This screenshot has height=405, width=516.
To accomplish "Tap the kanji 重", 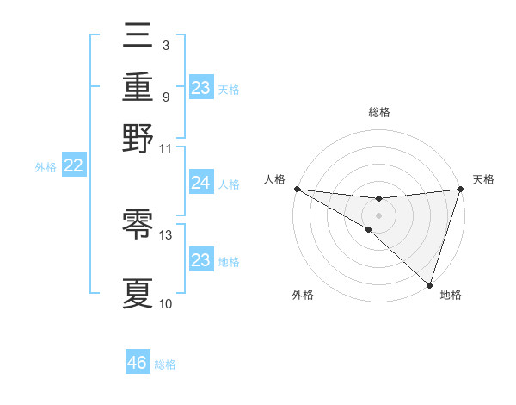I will [138, 87].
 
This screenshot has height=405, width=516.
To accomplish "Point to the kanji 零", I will [138, 226].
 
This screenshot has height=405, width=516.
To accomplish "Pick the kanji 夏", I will [138, 293].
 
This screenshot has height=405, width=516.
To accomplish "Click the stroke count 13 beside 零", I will [166, 234].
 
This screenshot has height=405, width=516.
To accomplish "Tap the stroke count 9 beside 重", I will [166, 96].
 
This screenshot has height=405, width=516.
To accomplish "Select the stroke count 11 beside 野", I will [166, 148].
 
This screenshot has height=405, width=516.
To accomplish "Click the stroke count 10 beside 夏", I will [166, 303].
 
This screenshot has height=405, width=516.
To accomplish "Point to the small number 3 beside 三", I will [165, 45].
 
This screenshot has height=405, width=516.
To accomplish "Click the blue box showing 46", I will [138, 363].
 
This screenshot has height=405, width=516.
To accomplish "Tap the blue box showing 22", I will [73, 166].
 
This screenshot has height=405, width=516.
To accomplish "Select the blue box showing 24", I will [200, 183].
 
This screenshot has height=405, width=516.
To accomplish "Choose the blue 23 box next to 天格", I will [200, 87].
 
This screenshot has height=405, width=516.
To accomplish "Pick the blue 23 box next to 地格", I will [200, 260].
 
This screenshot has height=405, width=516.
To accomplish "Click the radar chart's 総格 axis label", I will [378, 112].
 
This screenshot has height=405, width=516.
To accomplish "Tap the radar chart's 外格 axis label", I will [303, 296].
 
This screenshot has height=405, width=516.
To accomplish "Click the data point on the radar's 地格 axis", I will [429, 284].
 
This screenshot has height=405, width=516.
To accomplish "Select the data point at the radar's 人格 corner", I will [297, 189].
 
